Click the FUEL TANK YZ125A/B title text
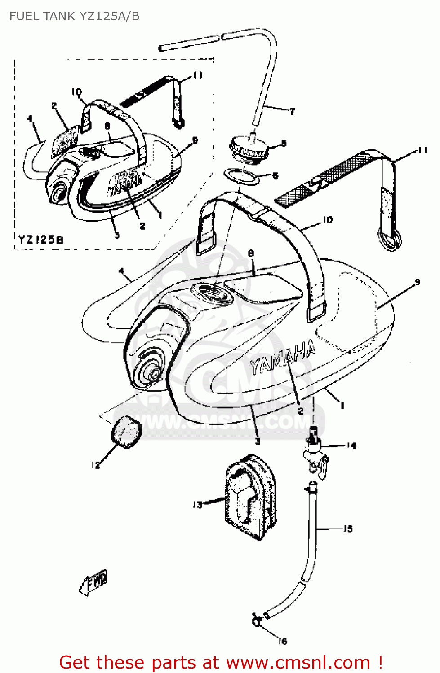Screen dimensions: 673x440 click(x=74, y=16)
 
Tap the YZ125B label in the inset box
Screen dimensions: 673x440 click(x=40, y=239)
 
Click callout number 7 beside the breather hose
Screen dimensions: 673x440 click(x=292, y=111)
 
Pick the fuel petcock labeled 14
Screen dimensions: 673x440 click(x=316, y=453)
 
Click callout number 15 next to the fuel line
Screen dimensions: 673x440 click(x=348, y=529)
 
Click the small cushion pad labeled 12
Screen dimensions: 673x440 click(x=126, y=432)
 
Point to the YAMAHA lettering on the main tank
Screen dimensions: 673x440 click(x=282, y=358)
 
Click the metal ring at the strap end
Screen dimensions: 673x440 click(x=389, y=238)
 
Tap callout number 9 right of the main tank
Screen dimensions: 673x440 click(x=418, y=282)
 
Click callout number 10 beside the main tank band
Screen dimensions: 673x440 click(x=328, y=219)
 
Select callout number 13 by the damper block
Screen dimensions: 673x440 click(x=198, y=505)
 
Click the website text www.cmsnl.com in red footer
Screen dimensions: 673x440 click(x=298, y=662)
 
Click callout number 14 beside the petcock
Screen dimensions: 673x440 click(x=351, y=446)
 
